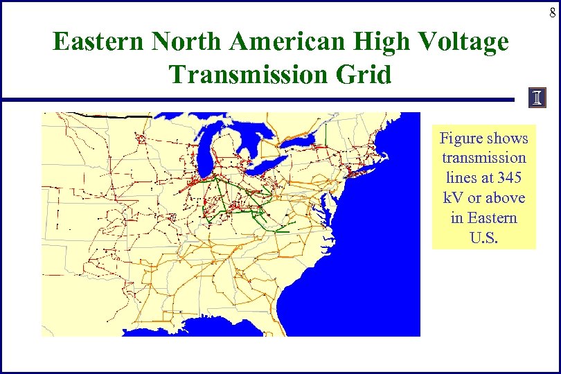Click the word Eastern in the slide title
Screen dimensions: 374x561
98,43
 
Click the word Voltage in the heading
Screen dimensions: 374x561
464,43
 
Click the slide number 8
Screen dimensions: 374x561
552,13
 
